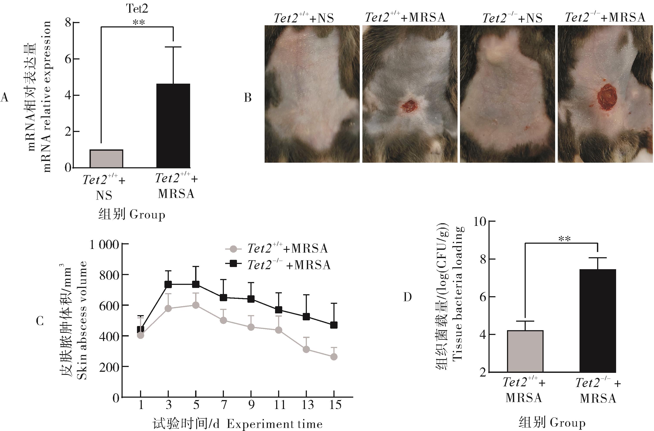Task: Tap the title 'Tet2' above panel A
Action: coord(137,8)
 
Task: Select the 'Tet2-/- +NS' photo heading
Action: coord(512,18)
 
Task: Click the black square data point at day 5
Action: coord(196,284)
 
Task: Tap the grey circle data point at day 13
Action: coord(306,349)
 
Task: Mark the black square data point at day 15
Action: coord(334,325)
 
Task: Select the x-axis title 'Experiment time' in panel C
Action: coord(275,424)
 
